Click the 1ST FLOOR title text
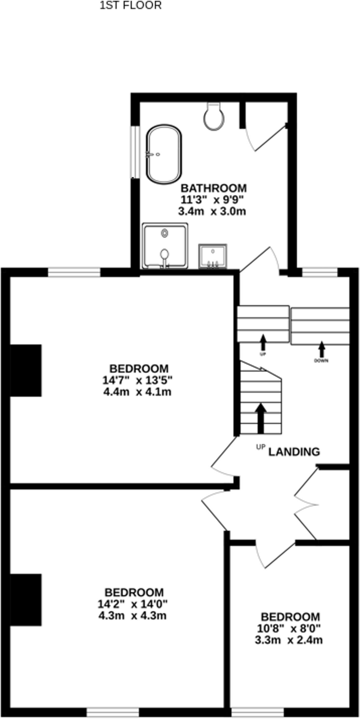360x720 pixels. click(x=130, y=6)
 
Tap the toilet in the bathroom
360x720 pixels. click(x=214, y=117)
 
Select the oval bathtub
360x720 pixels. click(x=164, y=154)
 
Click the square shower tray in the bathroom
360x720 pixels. click(x=165, y=246)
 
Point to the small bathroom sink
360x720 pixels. click(x=213, y=256)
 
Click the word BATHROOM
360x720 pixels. click(x=213, y=188)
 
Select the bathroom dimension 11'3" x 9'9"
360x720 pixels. click(x=212, y=200)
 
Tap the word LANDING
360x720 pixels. click(x=294, y=452)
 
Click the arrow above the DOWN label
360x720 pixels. click(x=321, y=349)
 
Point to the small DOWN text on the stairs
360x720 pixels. click(x=321, y=361)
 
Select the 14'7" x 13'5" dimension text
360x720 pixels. click(x=137, y=380)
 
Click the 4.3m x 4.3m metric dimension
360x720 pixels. click(x=132, y=616)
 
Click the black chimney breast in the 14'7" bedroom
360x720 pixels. click(x=26, y=371)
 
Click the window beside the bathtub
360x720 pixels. click(x=134, y=152)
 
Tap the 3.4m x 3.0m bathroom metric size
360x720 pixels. click(x=212, y=211)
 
